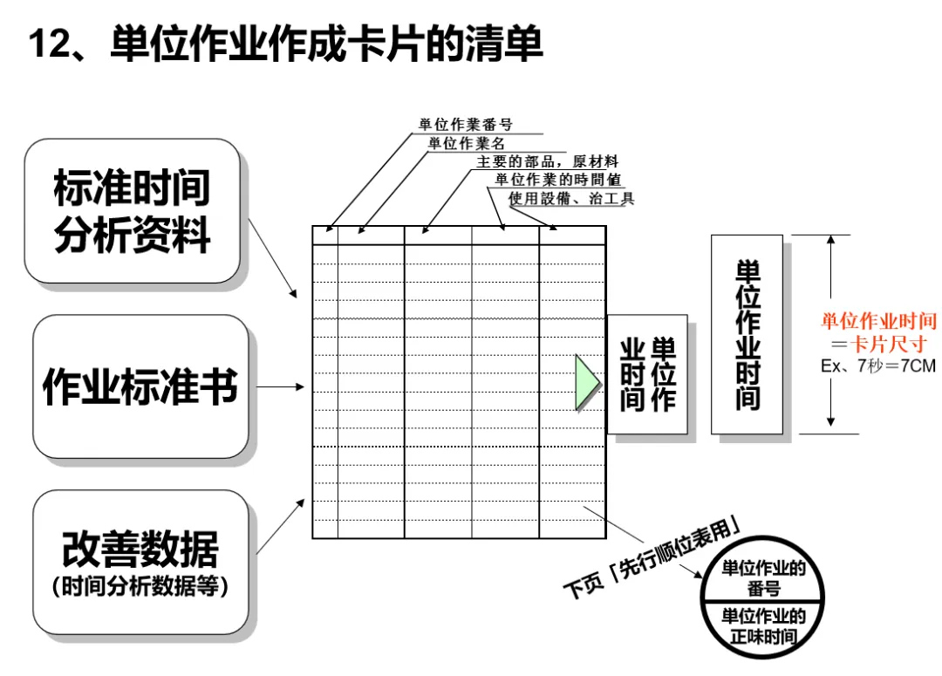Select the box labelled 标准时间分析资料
132,211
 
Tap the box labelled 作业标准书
140,386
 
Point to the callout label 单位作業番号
466,125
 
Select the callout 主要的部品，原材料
547,161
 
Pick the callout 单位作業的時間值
557,180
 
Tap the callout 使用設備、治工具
571,199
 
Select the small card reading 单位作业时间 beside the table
648,374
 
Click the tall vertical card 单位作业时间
747,334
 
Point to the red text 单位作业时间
877,321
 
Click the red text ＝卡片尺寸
877,343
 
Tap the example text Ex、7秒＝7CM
877,365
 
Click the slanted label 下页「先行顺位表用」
653,557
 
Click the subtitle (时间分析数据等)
140,587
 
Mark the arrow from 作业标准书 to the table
280,386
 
